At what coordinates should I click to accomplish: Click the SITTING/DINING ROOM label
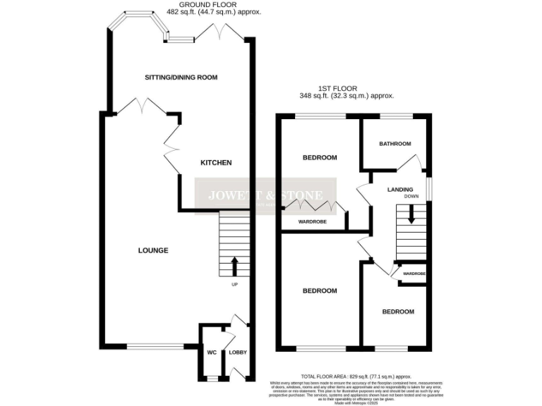click(x=181, y=77)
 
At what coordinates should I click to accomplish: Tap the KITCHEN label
click(x=216, y=163)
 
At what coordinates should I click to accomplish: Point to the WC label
click(x=211, y=352)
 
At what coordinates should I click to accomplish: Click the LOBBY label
click(x=237, y=352)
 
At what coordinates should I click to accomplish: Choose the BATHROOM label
click(x=395, y=144)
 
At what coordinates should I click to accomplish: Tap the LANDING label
click(x=399, y=189)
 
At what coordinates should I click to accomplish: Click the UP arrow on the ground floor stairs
click(x=234, y=266)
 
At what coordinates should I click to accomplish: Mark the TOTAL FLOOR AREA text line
click(x=355, y=377)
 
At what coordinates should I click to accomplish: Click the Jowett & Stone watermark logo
click(x=265, y=195)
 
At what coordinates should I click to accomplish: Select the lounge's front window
click(x=153, y=346)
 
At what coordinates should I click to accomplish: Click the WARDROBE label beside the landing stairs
click(x=413, y=273)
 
